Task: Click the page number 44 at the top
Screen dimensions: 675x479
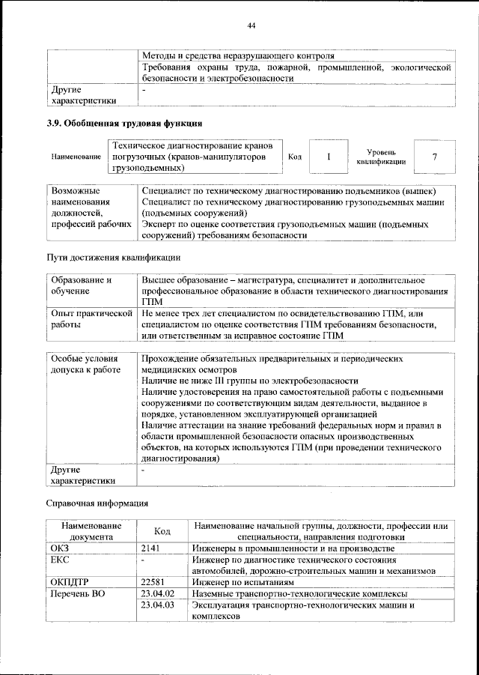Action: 251,26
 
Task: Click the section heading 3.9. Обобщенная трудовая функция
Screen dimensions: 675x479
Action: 124,123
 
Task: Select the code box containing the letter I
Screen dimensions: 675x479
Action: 328,157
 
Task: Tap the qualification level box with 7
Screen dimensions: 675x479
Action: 434,157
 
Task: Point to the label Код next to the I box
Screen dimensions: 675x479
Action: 295,157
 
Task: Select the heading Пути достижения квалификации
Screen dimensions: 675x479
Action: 113,258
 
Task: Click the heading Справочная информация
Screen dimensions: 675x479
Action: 97,503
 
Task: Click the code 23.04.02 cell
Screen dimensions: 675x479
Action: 157,593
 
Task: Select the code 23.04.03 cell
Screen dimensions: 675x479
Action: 157,605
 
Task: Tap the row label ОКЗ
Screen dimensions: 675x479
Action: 60,548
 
